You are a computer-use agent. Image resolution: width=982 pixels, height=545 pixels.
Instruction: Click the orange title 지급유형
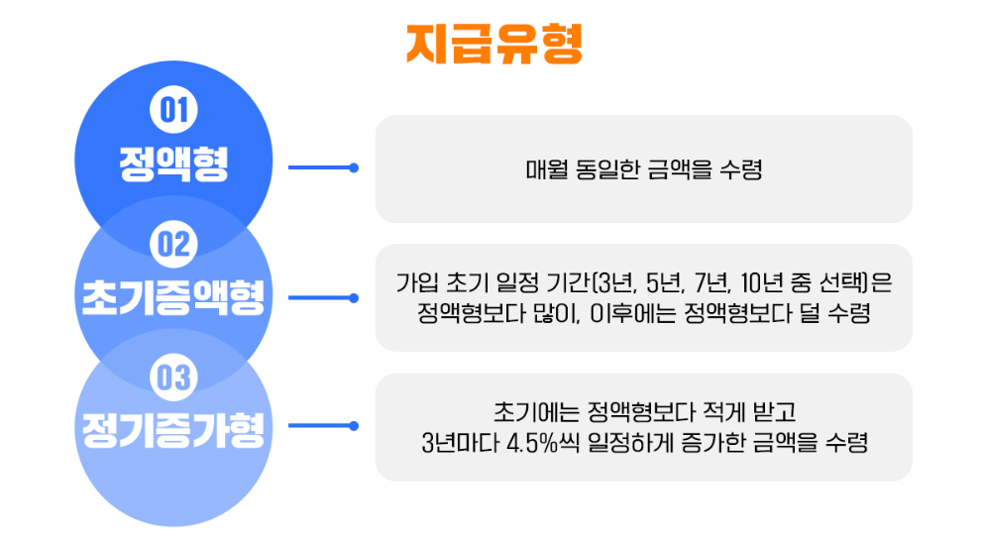coord(493,44)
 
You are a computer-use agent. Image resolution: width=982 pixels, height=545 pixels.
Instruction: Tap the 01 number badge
coord(173,109)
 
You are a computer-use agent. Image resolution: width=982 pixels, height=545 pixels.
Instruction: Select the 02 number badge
coord(173,243)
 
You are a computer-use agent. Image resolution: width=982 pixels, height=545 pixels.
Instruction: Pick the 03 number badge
coord(173,377)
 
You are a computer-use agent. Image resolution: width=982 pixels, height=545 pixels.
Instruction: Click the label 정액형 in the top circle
coord(173,164)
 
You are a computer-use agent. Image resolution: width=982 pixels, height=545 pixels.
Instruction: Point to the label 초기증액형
coord(173,297)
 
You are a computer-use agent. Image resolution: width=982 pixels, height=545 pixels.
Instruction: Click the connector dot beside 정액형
coord(354,167)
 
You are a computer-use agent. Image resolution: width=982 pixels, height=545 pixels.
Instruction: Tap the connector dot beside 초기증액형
coord(354,297)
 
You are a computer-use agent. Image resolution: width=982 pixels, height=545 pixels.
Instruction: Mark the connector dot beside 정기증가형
coord(354,426)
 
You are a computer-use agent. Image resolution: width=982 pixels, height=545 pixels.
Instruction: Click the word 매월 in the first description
coord(544,169)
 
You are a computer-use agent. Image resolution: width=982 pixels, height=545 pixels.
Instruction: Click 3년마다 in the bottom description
coord(459,442)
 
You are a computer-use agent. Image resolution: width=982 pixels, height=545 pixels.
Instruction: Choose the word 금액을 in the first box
coord(685,169)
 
